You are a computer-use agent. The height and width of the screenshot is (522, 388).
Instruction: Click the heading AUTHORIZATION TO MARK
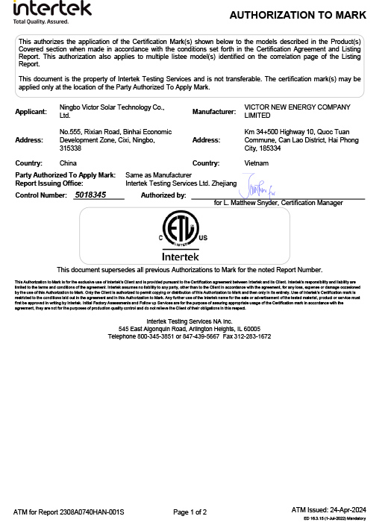pos(298,15)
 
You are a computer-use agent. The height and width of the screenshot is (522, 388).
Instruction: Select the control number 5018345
pos(90,195)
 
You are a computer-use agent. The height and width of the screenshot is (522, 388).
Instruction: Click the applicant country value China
pos(68,163)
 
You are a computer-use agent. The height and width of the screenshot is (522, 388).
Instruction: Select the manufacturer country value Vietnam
pos(257,163)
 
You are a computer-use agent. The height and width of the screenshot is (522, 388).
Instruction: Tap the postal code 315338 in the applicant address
pos(71,148)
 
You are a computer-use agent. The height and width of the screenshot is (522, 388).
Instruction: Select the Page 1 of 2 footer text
pos(190,512)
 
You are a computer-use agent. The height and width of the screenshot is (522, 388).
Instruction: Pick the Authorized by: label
pos(163,195)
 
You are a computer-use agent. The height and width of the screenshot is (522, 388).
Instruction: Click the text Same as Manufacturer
pos(154,174)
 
